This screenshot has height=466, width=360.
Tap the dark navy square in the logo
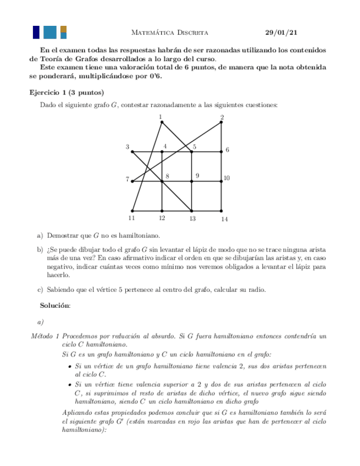(36, 32)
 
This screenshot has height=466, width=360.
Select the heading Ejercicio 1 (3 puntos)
(66, 92)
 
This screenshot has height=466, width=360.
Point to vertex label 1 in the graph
(160, 116)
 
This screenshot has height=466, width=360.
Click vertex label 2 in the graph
(222, 117)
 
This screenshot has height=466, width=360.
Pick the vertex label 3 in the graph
(128, 147)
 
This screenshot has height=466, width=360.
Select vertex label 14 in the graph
(224, 219)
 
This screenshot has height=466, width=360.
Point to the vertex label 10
(226, 178)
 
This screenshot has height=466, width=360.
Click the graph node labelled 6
(221, 151)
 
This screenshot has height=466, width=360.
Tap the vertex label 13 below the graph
(192, 219)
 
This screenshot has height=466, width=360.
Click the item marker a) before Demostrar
(40, 236)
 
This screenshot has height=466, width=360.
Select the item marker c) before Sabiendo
(40, 289)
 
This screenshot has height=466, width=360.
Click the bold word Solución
(55, 305)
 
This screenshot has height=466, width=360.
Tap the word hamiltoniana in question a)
(142, 236)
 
